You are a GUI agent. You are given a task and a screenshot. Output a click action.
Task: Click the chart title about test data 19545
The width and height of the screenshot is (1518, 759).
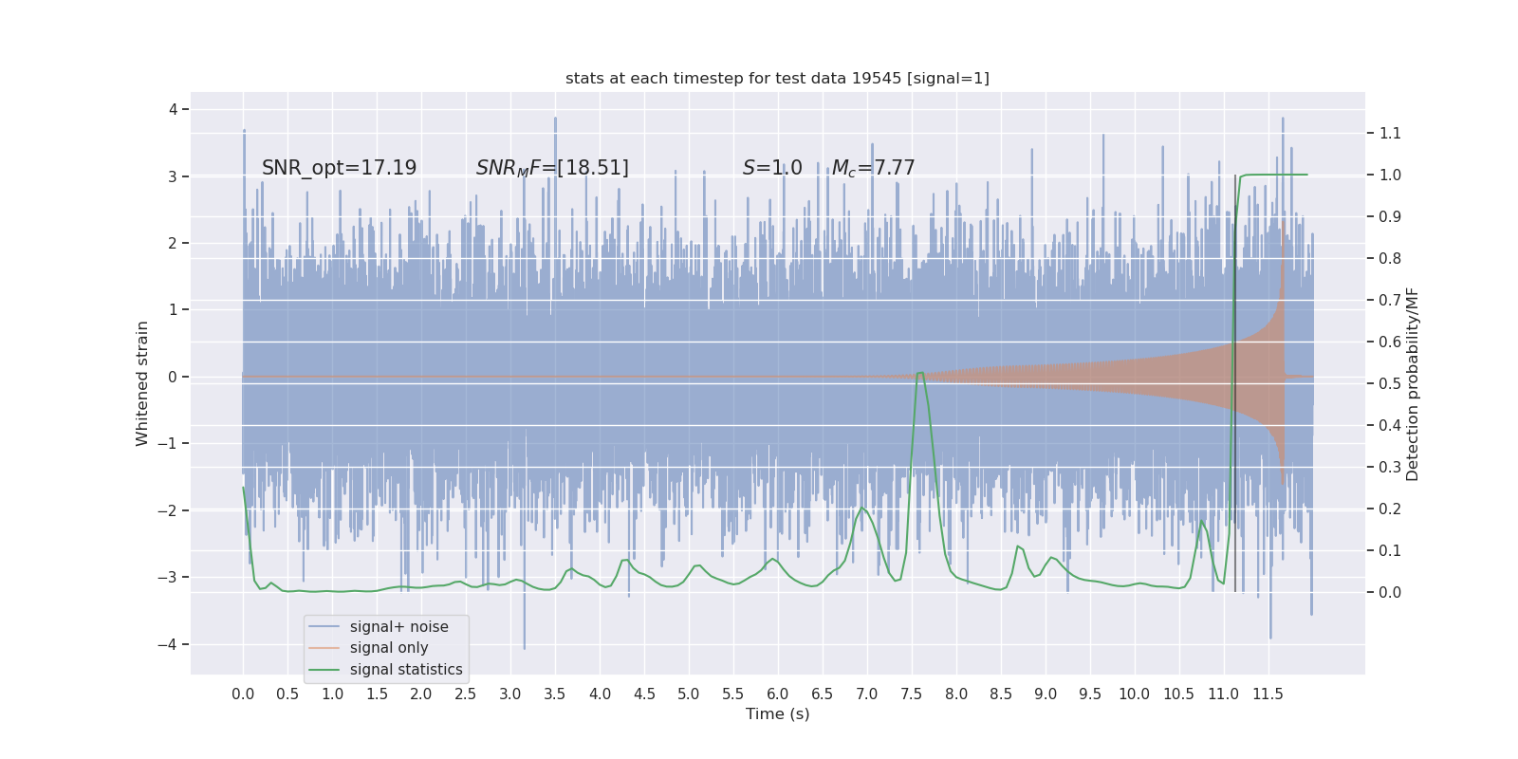(x=777, y=79)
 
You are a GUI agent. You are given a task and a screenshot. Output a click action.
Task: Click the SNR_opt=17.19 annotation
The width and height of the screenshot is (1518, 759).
(x=339, y=168)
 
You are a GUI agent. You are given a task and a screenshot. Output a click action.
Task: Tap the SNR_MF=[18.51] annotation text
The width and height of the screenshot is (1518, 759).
(x=552, y=168)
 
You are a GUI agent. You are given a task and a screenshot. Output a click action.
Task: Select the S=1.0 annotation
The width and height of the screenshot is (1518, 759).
(x=772, y=168)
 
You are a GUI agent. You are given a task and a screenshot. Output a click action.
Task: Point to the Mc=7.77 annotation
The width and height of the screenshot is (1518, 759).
(x=873, y=168)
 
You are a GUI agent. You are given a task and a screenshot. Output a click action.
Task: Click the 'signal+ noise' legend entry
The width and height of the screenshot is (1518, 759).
(x=398, y=627)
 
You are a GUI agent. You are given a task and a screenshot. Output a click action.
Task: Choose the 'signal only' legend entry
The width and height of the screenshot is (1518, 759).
(x=388, y=648)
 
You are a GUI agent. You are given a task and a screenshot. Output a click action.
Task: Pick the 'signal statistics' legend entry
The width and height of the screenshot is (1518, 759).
(x=405, y=670)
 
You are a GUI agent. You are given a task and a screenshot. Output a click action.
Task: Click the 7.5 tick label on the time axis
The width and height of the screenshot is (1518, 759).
(x=911, y=694)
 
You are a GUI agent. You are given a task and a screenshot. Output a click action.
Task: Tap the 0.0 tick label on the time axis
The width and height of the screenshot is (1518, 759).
(x=243, y=694)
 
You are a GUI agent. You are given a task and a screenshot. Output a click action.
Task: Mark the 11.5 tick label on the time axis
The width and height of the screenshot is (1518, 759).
(x=1268, y=694)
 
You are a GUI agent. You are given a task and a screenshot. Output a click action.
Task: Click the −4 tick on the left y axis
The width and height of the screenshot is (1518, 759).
(x=172, y=645)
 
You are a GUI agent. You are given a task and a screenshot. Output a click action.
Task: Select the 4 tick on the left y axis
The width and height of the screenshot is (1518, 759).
(x=174, y=110)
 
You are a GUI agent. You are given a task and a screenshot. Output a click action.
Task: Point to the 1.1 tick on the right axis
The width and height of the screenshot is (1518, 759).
(x=1390, y=134)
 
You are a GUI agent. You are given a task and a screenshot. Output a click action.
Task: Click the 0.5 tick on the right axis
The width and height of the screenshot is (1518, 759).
(x=1390, y=383)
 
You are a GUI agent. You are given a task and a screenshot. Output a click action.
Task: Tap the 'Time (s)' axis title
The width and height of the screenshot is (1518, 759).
(x=777, y=714)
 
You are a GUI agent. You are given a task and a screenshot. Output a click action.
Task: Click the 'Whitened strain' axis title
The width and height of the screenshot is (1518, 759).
(x=142, y=383)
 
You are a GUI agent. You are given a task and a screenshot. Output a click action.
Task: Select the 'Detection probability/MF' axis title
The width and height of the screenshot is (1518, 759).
(x=1413, y=384)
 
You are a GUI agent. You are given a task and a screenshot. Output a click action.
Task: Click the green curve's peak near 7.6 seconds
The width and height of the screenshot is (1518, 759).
(x=919, y=373)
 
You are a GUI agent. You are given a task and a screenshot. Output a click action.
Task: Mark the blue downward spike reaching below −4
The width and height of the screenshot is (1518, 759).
(x=525, y=645)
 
